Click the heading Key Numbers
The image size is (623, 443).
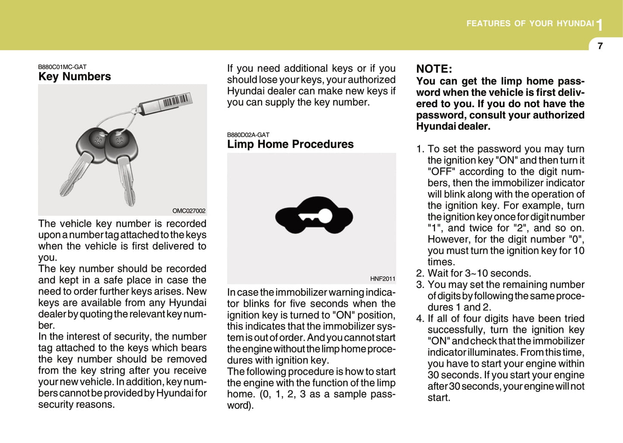(x=75, y=77)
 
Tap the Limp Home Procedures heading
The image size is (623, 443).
(x=290, y=144)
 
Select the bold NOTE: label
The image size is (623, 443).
(x=434, y=69)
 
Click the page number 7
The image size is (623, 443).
(x=600, y=46)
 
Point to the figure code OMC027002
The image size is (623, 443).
(x=189, y=211)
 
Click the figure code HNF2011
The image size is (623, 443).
(x=382, y=279)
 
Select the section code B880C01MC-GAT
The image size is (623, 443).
(x=62, y=67)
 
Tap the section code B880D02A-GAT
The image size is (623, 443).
(x=248, y=135)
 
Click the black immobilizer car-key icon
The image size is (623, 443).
(x=314, y=215)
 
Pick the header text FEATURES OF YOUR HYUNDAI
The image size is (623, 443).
(x=530, y=24)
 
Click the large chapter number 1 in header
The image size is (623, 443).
(x=599, y=25)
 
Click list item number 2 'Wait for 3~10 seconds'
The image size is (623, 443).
(x=479, y=273)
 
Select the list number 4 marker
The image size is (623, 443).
(x=420, y=319)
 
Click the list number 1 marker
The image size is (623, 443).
(x=420, y=149)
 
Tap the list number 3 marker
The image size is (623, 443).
(x=420, y=285)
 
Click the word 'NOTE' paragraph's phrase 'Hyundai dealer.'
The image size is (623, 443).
(x=453, y=127)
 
